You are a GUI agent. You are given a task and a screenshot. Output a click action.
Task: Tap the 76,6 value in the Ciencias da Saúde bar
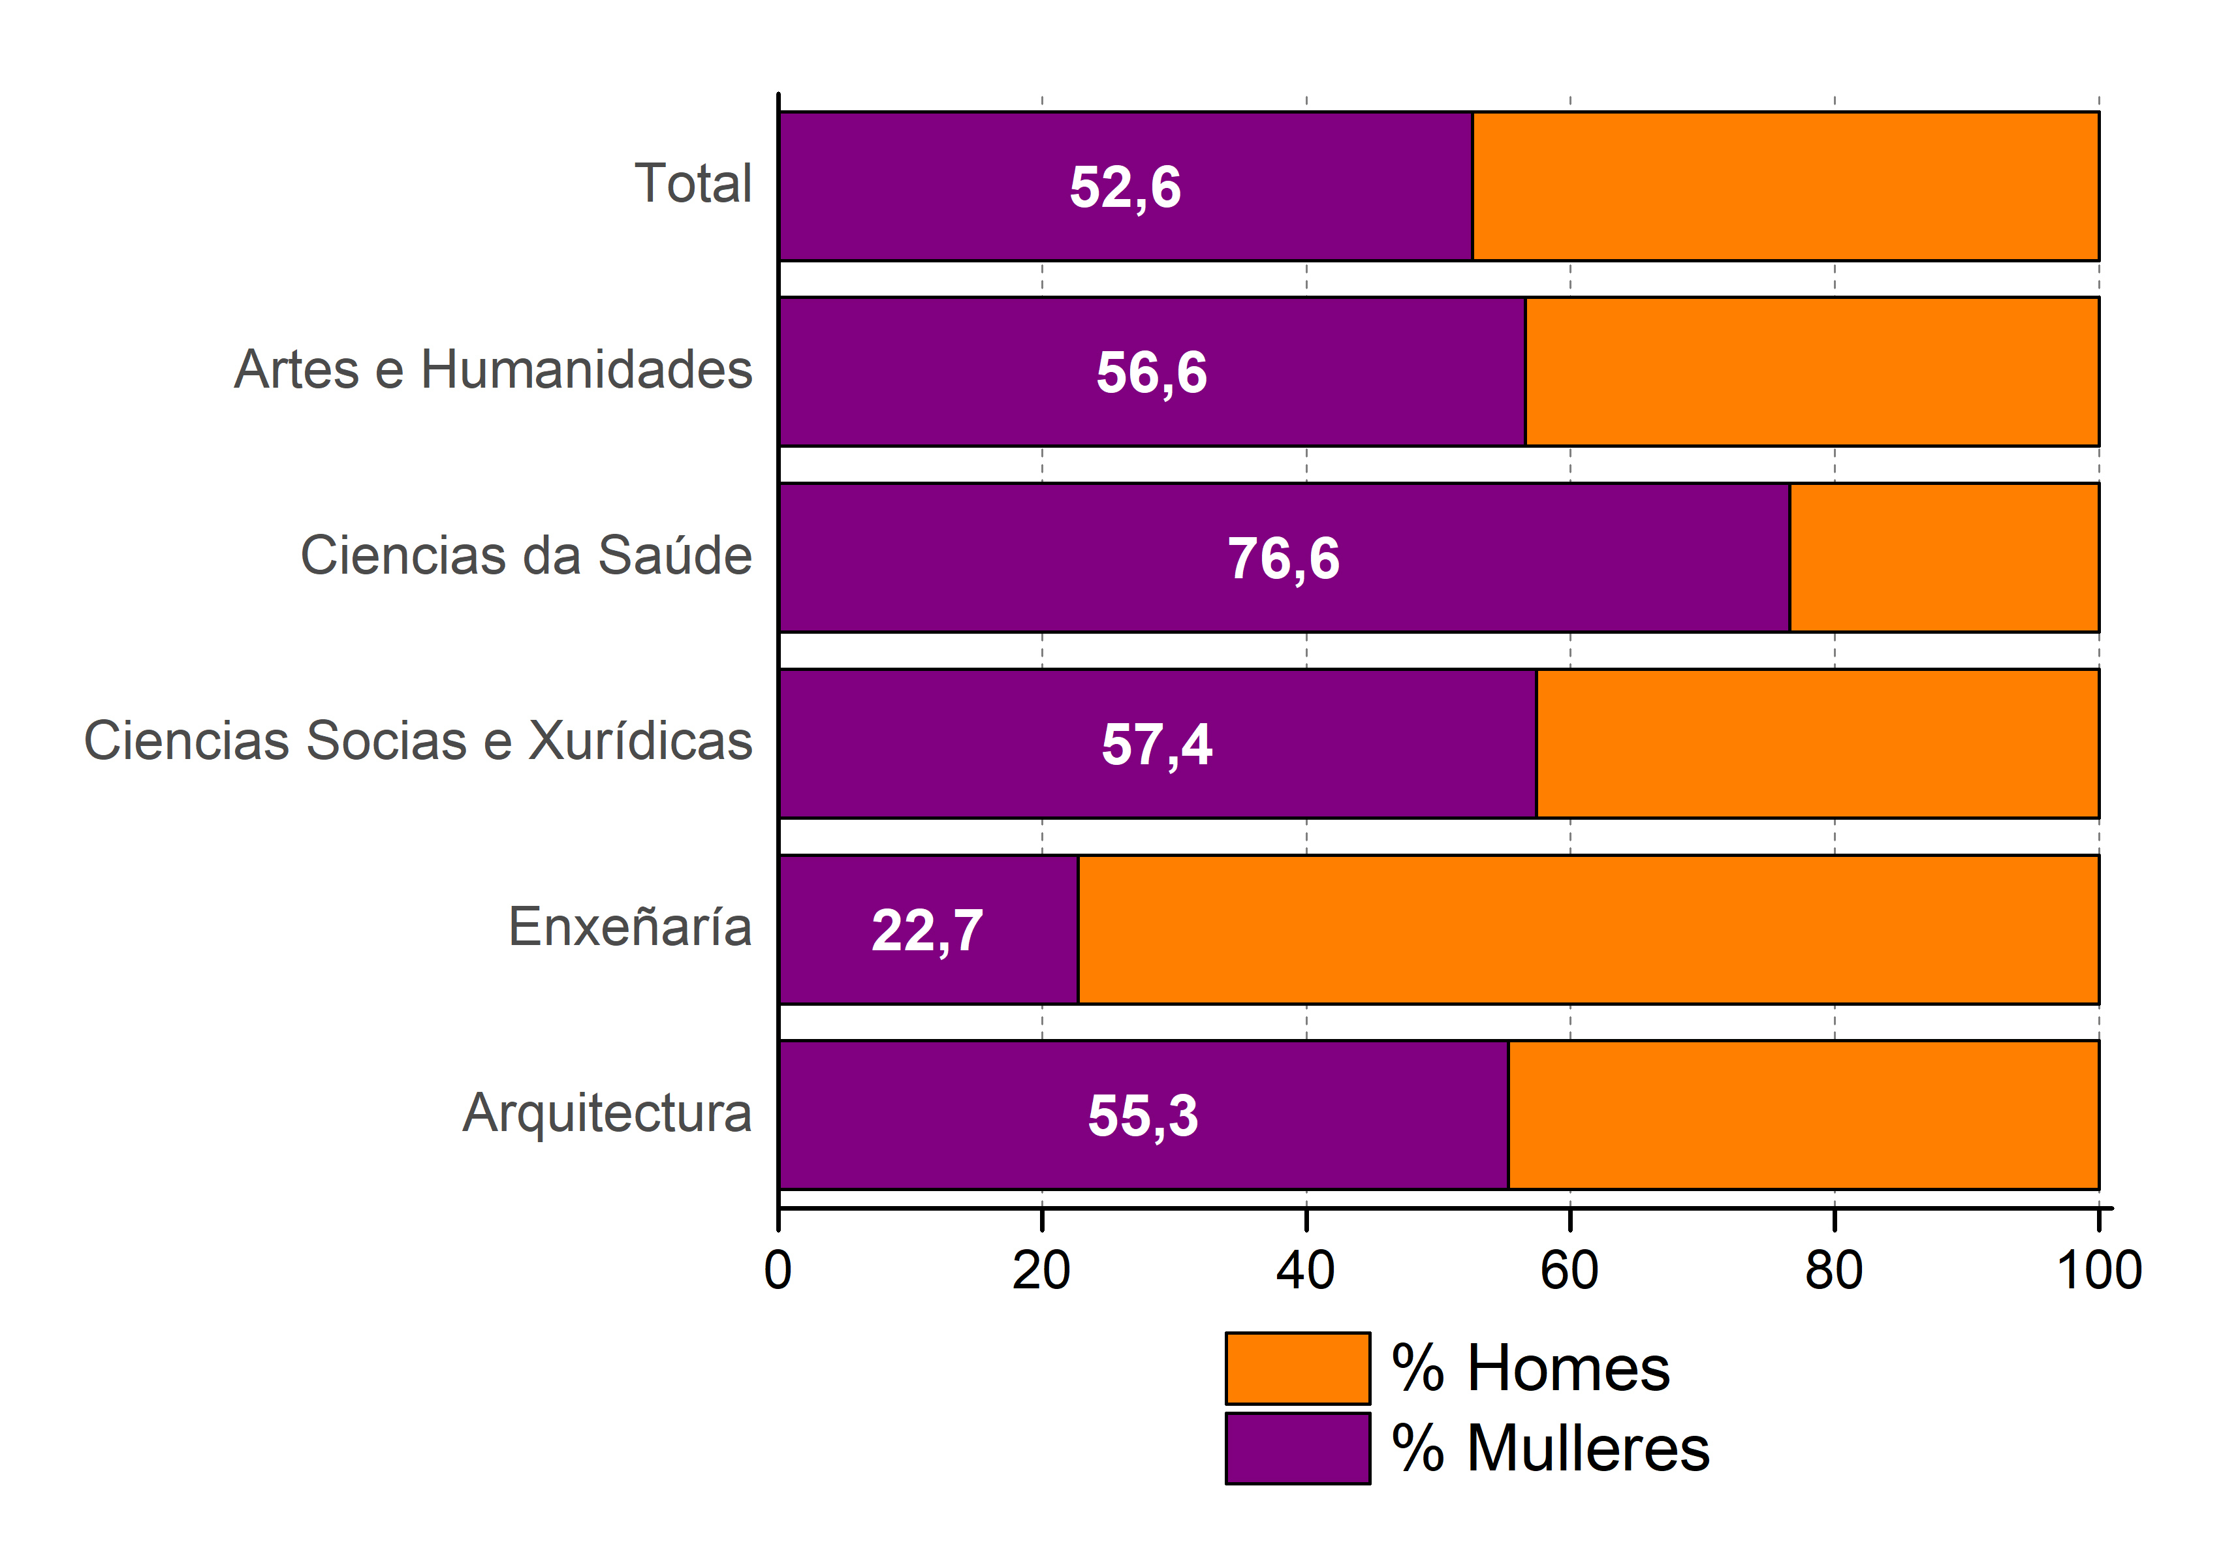(1284, 559)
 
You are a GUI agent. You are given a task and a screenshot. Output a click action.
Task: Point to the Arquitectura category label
(607, 1113)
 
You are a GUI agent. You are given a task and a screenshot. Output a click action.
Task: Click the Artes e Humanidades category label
(493, 370)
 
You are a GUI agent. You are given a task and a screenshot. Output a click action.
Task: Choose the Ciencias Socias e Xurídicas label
(418, 741)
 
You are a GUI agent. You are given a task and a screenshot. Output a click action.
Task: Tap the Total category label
(692, 184)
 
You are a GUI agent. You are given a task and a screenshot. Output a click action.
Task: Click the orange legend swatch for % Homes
(1297, 1368)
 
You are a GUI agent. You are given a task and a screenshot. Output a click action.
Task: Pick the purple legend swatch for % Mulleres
(1297, 1448)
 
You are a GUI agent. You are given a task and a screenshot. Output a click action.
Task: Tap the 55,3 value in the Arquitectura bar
(1143, 1115)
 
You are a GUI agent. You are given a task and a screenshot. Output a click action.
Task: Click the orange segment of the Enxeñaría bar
(1588, 929)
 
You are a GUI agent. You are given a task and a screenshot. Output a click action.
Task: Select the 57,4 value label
(1156, 745)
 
